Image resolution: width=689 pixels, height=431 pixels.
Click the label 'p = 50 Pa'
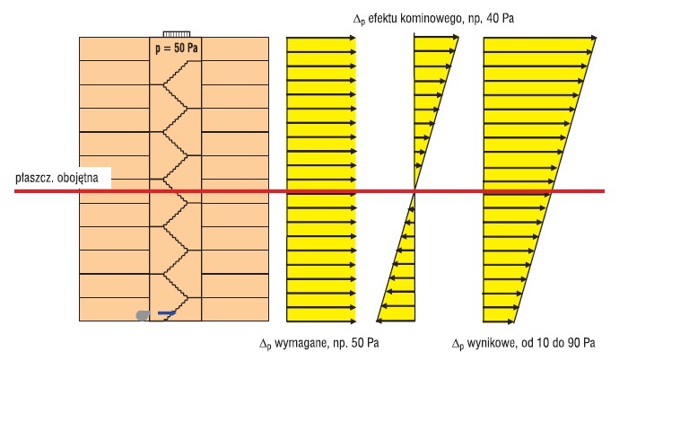click(176, 48)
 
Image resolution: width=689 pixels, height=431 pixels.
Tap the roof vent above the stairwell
click(177, 34)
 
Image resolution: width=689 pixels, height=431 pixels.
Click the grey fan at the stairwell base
click(143, 315)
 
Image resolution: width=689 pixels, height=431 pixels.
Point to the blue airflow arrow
click(167, 313)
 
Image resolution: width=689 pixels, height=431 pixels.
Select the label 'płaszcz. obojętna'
click(57, 178)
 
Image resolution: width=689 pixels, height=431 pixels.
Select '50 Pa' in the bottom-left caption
click(365, 343)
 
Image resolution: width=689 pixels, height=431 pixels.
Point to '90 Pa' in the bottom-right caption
click(581, 343)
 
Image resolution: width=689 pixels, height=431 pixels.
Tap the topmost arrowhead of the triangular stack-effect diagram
click(456, 38)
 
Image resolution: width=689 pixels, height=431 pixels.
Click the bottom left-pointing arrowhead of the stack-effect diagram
click(379, 321)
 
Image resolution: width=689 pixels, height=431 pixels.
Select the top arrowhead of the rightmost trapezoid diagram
click(594, 38)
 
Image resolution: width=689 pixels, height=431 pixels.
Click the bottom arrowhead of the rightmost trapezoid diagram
click(510, 321)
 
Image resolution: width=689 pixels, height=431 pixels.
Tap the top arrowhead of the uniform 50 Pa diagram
click(353, 39)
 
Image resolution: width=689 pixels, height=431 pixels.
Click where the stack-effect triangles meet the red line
click(414, 191)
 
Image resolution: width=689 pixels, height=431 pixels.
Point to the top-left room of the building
click(114, 48)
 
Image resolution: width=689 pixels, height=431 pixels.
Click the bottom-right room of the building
click(235, 309)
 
